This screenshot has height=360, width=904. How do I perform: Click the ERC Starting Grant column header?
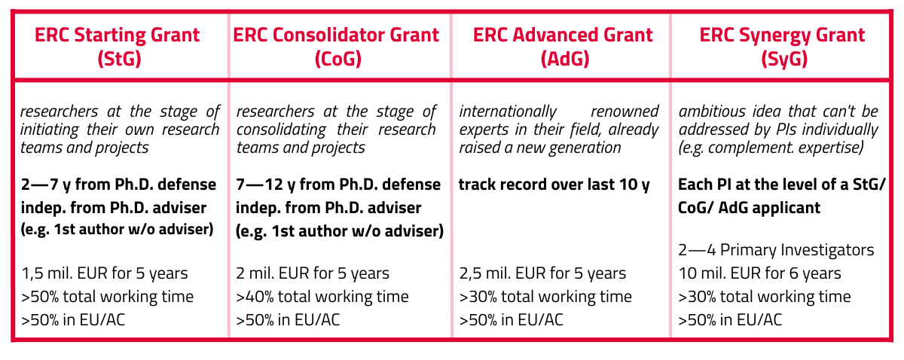tap(118, 47)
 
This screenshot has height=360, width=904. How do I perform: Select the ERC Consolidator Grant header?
tap(336, 47)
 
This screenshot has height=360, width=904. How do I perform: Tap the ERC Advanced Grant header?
tap(563, 47)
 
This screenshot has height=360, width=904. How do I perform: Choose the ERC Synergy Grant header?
tap(783, 47)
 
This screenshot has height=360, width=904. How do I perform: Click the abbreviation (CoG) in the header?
tap(338, 59)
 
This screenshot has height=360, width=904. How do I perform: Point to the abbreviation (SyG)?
tap(784, 59)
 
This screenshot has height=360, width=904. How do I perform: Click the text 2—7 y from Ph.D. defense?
tap(119, 185)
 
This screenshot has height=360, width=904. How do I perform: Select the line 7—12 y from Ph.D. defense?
tap(338, 185)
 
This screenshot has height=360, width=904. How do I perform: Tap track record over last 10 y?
tap(554, 185)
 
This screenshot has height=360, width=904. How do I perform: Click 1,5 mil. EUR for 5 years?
tap(105, 273)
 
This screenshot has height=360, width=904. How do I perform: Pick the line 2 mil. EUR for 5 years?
tap(313, 273)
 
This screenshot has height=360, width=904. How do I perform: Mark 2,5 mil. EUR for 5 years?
tap(543, 273)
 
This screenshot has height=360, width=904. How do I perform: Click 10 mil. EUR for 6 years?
tap(760, 273)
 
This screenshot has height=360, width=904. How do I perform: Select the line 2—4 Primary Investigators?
tap(776, 250)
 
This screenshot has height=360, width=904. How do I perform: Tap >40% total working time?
tap(322, 297)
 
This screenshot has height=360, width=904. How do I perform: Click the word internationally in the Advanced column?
tap(508, 111)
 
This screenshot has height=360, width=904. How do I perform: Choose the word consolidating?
tap(281, 130)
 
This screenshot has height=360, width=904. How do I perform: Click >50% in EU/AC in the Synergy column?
tap(731, 320)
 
